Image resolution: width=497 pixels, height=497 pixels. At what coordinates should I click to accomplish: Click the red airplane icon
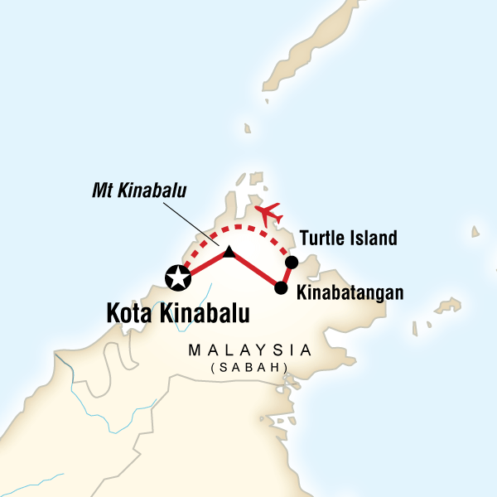[x=268, y=215]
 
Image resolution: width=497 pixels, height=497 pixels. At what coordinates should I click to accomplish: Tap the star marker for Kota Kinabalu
[x=177, y=279]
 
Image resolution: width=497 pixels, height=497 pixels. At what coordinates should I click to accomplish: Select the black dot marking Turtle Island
[x=291, y=263]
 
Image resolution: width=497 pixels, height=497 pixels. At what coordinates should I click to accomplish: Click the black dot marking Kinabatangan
[x=281, y=288]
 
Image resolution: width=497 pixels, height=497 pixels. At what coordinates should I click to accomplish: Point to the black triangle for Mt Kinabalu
[x=229, y=250]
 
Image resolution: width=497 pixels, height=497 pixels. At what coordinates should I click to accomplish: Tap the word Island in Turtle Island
[x=373, y=239]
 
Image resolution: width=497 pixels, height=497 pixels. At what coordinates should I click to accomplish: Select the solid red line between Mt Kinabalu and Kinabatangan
[x=256, y=270]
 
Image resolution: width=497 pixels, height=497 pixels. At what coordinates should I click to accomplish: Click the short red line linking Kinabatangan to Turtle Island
[x=287, y=275]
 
